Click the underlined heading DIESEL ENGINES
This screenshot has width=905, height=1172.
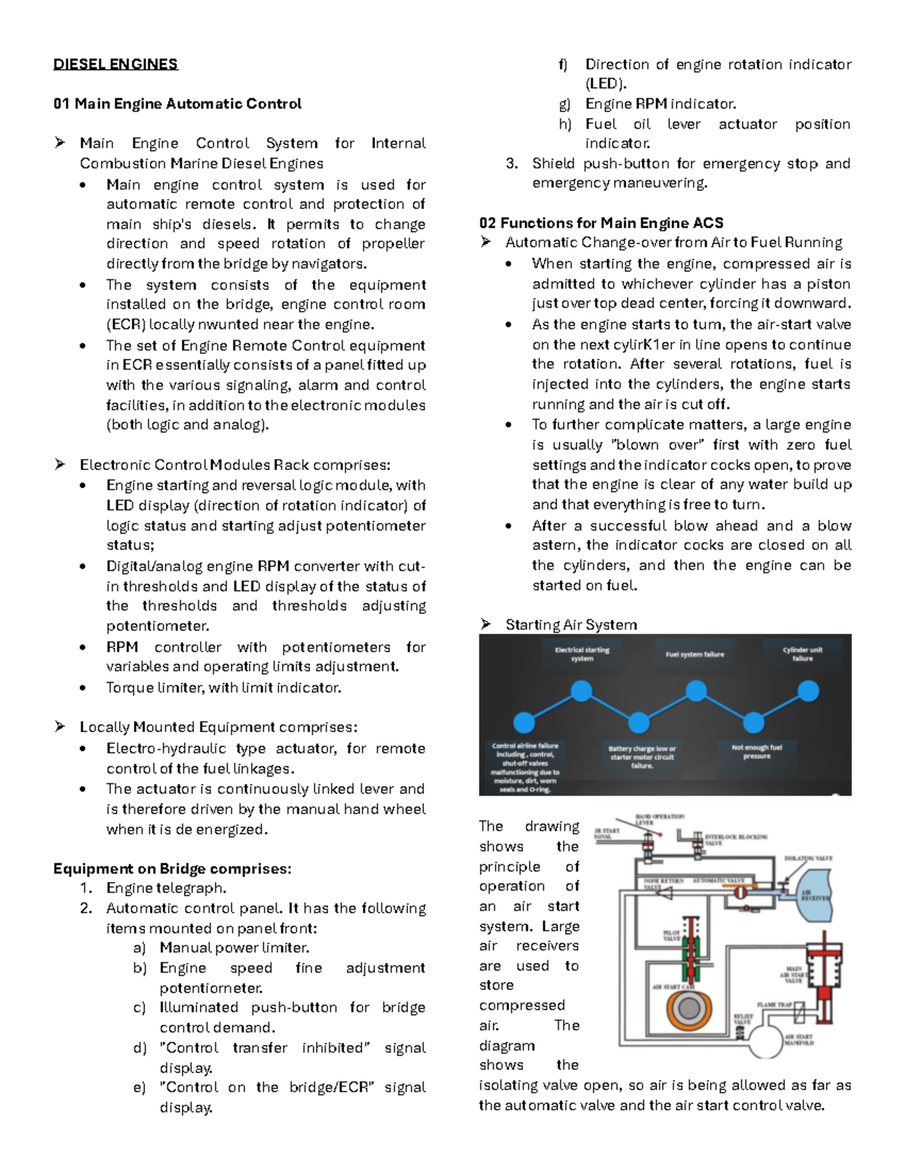click(115, 64)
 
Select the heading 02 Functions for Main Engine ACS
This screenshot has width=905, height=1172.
click(601, 223)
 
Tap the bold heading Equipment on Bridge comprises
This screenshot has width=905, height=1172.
click(172, 869)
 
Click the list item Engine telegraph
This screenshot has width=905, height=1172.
click(166, 888)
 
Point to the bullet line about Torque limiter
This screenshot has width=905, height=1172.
click(223, 688)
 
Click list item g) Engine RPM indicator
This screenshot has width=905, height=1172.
click(660, 104)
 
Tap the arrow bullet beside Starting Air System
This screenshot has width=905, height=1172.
click(486, 624)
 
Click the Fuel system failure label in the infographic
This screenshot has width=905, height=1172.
click(695, 654)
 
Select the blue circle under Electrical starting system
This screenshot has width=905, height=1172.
click(581, 691)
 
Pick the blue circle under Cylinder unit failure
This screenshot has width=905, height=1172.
click(808, 691)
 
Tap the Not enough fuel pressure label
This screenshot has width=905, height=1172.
click(756, 751)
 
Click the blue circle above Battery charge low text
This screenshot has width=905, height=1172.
click(638, 722)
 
